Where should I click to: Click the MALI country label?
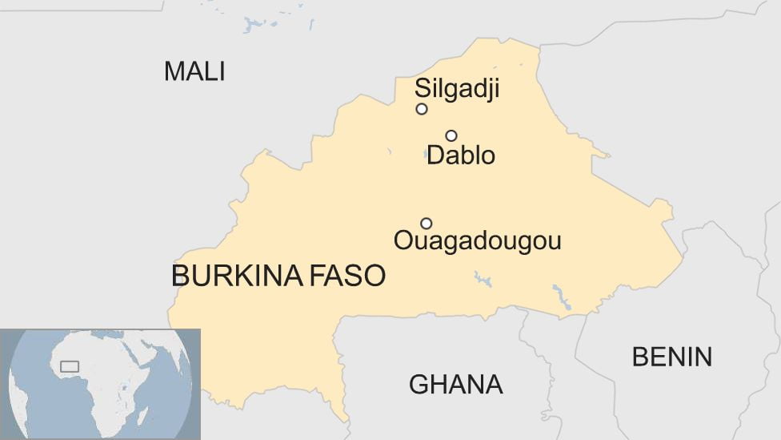point(194,71)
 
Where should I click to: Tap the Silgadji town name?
point(457,89)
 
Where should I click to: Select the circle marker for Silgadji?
point(422,109)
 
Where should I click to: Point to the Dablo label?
point(461,155)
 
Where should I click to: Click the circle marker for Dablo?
point(451,135)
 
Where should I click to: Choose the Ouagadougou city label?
point(477,240)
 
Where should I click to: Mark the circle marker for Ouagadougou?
point(427,224)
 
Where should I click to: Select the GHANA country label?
point(455,385)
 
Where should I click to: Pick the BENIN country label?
point(672,357)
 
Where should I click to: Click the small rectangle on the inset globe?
point(70,366)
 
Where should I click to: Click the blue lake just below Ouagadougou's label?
point(483,280)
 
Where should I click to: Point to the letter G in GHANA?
point(419,385)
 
